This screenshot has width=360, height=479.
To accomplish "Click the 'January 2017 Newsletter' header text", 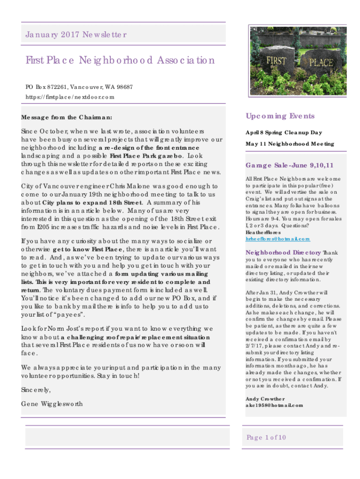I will tap(75, 35).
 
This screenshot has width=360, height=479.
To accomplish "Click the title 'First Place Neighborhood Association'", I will tap(120, 61).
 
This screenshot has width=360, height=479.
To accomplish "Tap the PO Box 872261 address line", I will tap(79, 87).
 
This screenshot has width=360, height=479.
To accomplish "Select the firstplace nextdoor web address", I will tap(70, 97).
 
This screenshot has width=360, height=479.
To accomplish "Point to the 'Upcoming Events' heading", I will tap(280, 116).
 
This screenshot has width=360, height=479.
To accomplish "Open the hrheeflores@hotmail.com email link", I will tap(277, 239).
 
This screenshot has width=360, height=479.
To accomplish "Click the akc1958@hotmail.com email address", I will tap(274, 405).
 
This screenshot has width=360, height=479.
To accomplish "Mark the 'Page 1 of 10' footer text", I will tap(266, 437).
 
